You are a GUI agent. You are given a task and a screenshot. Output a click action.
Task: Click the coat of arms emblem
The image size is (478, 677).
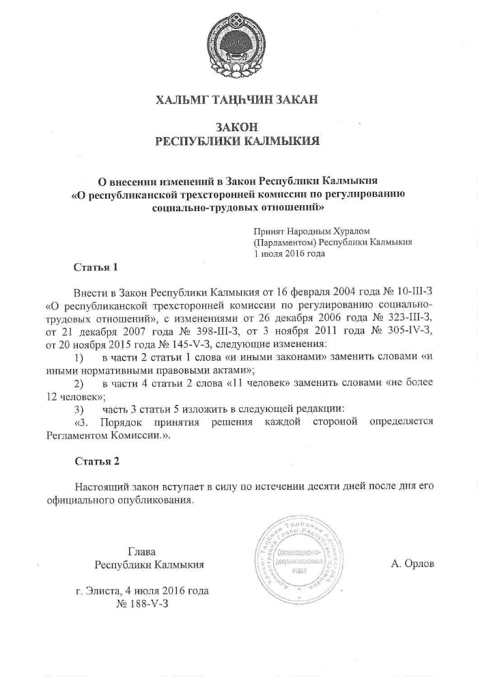[238, 41]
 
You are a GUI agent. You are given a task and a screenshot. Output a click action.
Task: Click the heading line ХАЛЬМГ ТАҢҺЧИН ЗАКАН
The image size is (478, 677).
[237, 101]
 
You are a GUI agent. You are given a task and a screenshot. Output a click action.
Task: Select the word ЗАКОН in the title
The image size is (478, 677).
[238, 127]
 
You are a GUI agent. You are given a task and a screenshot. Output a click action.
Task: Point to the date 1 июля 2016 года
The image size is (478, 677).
[289, 253]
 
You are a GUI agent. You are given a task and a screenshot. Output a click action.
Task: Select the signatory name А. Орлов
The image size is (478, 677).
[413, 564]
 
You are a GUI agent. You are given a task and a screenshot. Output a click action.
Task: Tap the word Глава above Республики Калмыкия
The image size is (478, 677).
[142, 551]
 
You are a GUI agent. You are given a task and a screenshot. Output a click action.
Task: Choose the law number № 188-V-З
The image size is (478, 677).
[143, 604]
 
